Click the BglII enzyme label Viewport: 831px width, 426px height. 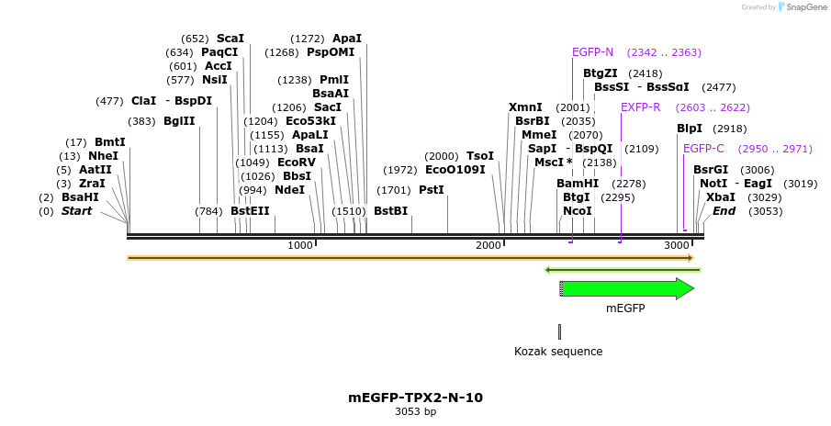pyautogui.click(x=178, y=121)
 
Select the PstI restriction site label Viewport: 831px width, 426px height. pyautogui.click(x=432, y=190)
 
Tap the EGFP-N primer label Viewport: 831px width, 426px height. pyautogui.click(x=592, y=52)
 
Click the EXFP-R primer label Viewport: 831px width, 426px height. pyautogui.click(x=640, y=107)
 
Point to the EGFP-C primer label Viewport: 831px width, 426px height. pyautogui.click(x=703, y=149)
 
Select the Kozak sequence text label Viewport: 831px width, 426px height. pyautogui.click(x=558, y=352)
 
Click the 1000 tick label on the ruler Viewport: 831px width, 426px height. pyautogui.click(x=300, y=245)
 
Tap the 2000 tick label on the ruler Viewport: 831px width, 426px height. pyautogui.click(x=488, y=245)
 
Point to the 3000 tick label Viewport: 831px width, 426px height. pyautogui.click(x=677, y=245)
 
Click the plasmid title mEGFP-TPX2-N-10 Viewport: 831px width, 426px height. pyautogui.click(x=415, y=398)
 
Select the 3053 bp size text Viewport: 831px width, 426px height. pyautogui.click(x=415, y=412)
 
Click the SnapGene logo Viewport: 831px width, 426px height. pyautogui.click(x=799, y=7)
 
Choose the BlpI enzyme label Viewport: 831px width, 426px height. pyautogui.click(x=690, y=129)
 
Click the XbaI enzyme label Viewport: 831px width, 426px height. pyautogui.click(x=720, y=197)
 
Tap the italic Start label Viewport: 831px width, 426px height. pyautogui.click(x=77, y=211)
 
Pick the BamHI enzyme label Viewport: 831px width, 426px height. pyautogui.click(x=578, y=184)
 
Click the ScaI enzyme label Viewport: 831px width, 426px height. pyautogui.click(x=230, y=39)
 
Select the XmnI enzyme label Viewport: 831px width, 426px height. pyautogui.click(x=525, y=107)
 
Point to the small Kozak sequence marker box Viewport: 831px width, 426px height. pyautogui.click(x=559, y=331)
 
